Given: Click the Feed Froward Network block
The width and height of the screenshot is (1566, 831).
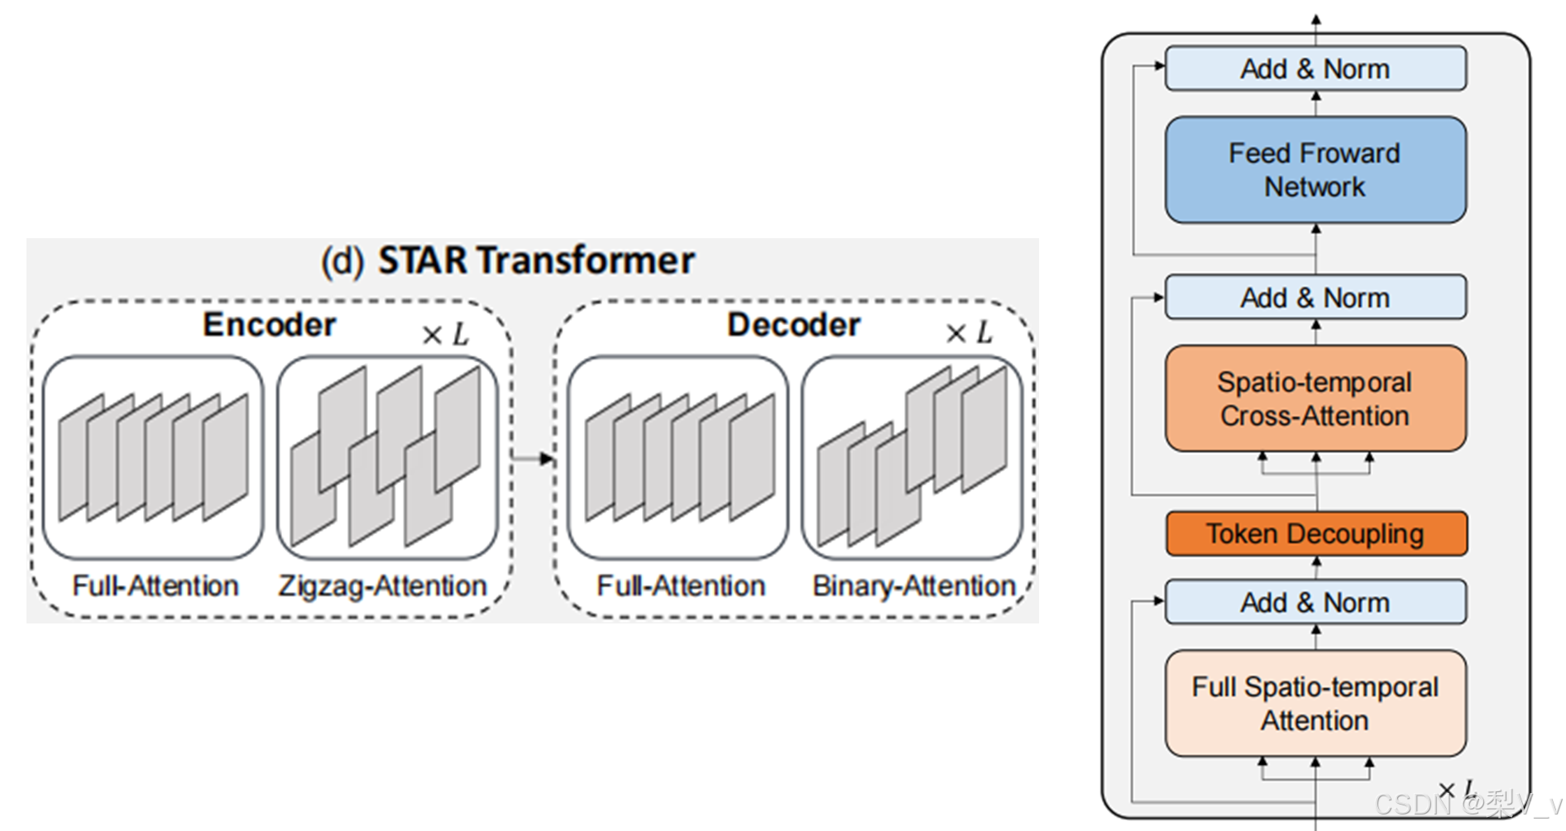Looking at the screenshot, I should [1315, 170].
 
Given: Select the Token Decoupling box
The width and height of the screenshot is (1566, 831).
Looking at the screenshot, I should [1315, 534].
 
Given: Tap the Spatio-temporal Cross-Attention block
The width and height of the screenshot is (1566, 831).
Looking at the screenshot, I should [1315, 399].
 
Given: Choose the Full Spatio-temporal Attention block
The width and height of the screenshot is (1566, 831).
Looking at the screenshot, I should [1315, 704].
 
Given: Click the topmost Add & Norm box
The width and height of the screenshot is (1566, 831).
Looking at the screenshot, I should [1315, 69].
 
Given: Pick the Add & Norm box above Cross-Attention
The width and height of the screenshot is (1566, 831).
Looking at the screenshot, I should [1315, 298].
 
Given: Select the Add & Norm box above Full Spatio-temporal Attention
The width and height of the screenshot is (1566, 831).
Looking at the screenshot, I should [1315, 602].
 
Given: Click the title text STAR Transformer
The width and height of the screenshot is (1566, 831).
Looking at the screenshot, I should [535, 260].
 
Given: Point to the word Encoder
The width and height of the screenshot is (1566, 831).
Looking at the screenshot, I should [270, 325].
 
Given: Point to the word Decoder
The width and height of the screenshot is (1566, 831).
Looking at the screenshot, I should [793, 325].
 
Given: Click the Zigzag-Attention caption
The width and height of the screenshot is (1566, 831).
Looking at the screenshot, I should [382, 586].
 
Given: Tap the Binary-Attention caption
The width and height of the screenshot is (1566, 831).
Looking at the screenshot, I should [913, 586].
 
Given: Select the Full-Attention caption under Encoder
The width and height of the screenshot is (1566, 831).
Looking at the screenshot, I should [156, 586].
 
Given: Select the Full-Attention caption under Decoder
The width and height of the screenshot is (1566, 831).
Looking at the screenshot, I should [681, 586].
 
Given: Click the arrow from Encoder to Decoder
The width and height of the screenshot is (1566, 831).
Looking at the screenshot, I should [534, 457].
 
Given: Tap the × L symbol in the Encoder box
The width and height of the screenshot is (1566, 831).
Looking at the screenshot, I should [445, 334].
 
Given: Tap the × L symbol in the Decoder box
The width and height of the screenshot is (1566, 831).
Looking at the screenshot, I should [969, 333].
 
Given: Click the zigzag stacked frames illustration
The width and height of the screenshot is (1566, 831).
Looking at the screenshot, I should [386, 457].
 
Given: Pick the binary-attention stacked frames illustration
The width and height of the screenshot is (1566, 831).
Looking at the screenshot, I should [912, 457].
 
